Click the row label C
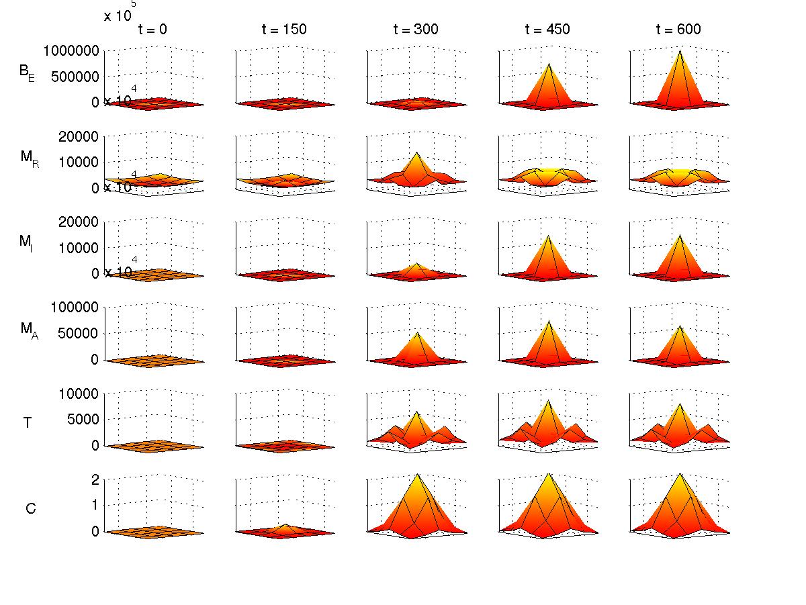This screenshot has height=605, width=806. (x=30, y=508)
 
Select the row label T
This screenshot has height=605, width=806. (x=28, y=422)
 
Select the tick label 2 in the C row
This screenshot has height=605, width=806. (x=95, y=479)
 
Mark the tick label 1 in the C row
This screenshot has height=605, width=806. (x=95, y=505)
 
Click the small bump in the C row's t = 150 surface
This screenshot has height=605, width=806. (x=285, y=525)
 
